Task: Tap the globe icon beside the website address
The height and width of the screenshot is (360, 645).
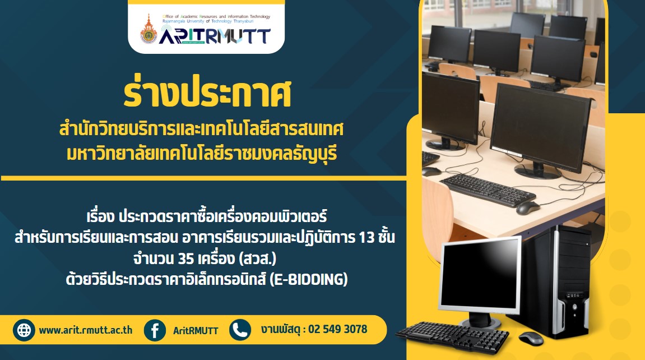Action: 24,330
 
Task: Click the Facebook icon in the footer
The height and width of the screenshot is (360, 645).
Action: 155,330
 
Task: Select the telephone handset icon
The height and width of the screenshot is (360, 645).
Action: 240,330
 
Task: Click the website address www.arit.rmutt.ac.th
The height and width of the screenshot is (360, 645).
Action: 86,330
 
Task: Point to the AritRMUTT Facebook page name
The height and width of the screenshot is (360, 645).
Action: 196,330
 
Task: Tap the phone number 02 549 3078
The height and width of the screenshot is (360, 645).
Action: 338,329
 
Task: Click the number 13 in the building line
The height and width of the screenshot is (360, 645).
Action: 366,237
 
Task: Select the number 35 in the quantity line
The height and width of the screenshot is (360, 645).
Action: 186,259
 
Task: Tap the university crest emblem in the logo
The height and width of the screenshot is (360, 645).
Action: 149,30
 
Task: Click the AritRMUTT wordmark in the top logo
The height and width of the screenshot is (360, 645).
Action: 215,35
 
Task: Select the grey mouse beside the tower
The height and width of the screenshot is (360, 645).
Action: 531,338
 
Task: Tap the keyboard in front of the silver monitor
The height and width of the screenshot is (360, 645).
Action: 452,337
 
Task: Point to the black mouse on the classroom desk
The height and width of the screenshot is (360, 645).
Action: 528,208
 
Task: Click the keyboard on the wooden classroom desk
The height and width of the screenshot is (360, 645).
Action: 488,190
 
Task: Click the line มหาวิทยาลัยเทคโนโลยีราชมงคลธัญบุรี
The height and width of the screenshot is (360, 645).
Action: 202,154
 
